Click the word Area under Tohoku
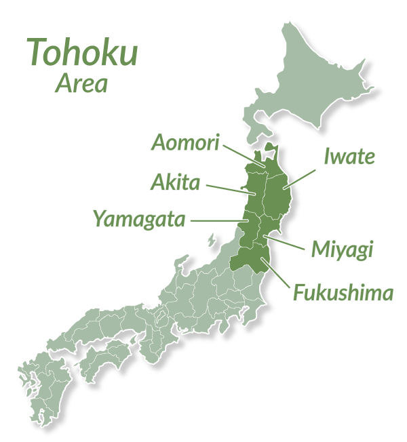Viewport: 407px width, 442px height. [x=81, y=84]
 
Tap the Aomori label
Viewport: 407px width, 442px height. [x=184, y=143]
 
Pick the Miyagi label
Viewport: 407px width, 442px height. [x=342, y=249]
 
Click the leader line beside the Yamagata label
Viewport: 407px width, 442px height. [x=218, y=220]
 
